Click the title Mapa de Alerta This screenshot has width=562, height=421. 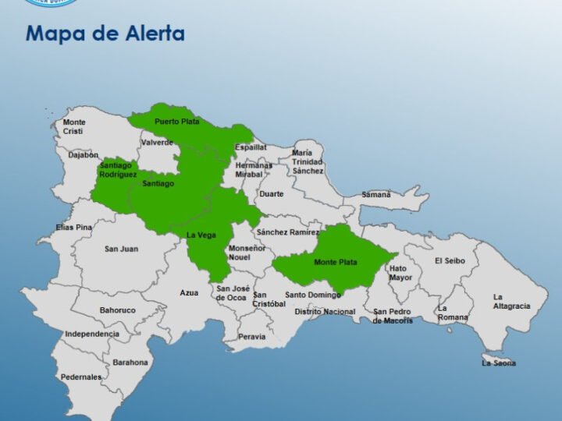[105, 34]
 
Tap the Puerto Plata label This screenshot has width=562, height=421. [176, 122]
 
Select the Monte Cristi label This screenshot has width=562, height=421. [75, 126]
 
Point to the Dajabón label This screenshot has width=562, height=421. [83, 155]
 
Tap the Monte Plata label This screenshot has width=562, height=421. [336, 262]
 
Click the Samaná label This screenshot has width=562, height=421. [376, 194]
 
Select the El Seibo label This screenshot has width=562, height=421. [450, 260]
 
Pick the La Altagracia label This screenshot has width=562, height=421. [511, 301]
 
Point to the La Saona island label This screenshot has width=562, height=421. [499, 363]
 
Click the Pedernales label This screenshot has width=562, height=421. [82, 377]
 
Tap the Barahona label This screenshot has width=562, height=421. [130, 362]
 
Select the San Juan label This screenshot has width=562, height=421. [121, 249]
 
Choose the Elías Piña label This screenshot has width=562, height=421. [74, 227]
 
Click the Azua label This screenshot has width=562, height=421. [189, 292]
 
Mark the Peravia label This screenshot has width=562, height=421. [251, 337]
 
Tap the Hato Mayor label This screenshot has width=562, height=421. [400, 272]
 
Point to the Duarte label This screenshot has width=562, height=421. [272, 193]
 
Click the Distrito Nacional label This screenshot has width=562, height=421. [325, 312]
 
